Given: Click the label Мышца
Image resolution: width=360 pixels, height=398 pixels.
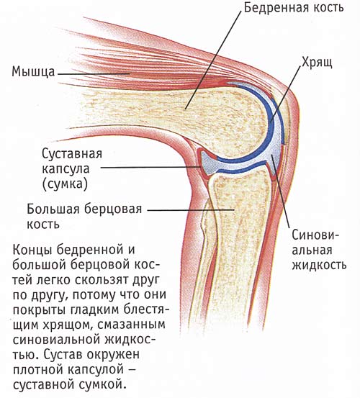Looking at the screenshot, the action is click(33, 72).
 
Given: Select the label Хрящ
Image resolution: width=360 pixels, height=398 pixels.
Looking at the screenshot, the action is click(317, 62).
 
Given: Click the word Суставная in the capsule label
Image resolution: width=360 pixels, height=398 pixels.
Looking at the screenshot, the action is click(72, 153).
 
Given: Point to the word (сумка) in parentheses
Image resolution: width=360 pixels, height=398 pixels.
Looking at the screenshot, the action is click(65, 184).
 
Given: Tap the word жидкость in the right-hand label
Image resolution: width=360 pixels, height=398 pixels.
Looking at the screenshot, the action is click(319, 265).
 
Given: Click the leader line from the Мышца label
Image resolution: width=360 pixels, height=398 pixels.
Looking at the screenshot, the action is click(94, 74).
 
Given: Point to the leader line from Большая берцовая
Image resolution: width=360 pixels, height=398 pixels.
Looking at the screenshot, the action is click(190, 210).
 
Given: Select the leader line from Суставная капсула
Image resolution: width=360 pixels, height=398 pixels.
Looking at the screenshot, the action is click(151, 167).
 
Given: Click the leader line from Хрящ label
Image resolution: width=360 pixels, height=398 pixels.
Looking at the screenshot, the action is click(286, 94).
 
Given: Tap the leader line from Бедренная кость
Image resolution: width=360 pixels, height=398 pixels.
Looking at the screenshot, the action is click(212, 60).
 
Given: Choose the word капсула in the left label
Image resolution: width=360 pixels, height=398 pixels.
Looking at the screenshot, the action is click(66, 169).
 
